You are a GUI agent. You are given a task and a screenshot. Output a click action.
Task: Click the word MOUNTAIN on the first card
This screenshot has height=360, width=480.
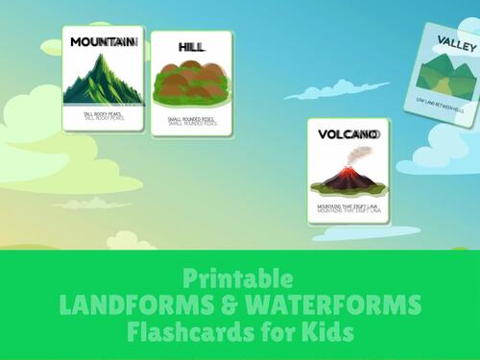(103, 42)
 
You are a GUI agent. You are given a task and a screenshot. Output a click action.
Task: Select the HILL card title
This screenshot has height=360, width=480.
(192, 47)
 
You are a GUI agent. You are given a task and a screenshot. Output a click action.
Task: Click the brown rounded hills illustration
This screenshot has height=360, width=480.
(192, 84)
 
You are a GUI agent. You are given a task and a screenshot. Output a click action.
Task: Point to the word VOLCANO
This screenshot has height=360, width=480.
(347, 134)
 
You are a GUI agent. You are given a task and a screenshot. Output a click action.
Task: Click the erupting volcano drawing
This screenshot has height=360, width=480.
(347, 176)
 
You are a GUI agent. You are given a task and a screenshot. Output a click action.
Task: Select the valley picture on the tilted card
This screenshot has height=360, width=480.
(447, 74)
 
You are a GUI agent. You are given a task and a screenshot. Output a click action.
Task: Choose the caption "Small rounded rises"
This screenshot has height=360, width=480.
(191, 121)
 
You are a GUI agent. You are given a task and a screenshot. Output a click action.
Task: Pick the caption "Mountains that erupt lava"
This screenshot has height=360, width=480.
(347, 206)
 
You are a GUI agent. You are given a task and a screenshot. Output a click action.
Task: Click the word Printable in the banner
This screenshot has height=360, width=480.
(240, 279)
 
